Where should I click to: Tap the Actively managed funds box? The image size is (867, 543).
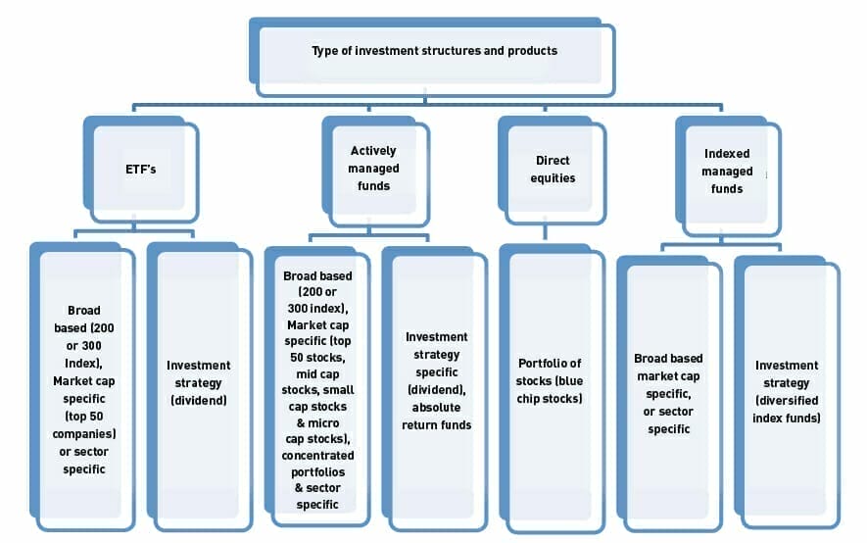point(373,169)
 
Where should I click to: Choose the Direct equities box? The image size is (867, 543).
point(553,169)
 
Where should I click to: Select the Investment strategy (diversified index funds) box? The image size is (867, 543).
point(787,391)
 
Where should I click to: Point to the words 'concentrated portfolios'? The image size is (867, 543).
point(317,464)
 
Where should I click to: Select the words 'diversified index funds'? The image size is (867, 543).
point(787,409)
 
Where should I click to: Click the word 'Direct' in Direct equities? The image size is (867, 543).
point(553,160)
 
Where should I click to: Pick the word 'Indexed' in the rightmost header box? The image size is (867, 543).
point(728,154)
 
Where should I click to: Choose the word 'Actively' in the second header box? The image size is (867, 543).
point(373,152)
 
